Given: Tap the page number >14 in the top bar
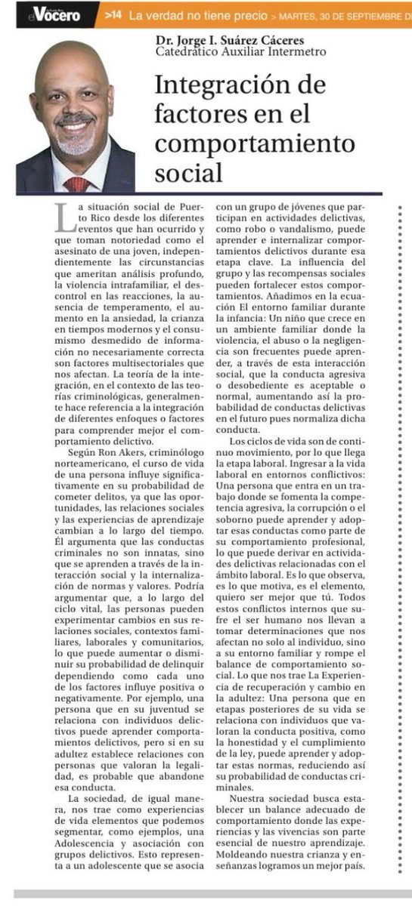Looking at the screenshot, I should (x=113, y=14).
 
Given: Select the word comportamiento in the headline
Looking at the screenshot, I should (x=254, y=143).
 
